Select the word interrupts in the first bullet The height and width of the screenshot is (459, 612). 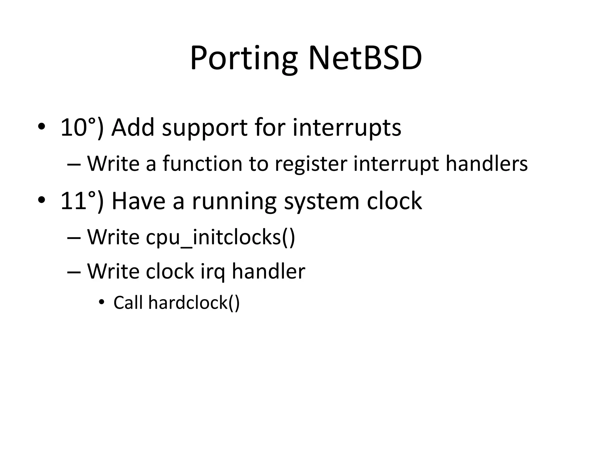click(x=347, y=128)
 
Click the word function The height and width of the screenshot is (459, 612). click(x=202, y=164)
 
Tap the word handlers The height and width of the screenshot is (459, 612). click(x=486, y=164)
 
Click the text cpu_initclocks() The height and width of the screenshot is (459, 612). click(x=221, y=238)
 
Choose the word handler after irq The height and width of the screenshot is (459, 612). click(x=268, y=271)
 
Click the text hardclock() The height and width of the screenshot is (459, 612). click(x=194, y=303)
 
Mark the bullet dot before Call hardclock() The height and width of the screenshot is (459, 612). click(x=102, y=302)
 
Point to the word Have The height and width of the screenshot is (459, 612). click(x=138, y=201)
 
